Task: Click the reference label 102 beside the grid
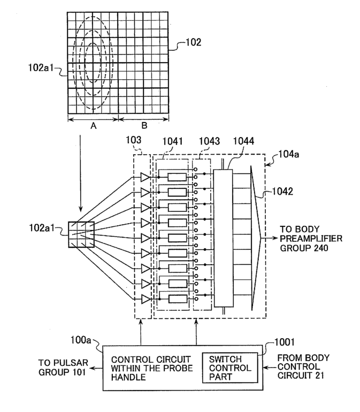coord(194,42)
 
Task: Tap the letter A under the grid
coord(93,126)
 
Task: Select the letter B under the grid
coord(144,125)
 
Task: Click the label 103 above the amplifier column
coord(134,140)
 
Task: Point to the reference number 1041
coord(172,141)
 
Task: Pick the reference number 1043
coord(209,141)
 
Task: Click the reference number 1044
coord(243,141)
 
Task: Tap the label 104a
coord(288,154)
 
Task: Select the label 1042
coord(282,192)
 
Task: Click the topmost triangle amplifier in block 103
coord(145,177)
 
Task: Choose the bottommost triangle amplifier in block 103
coord(145,299)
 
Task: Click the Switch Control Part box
coord(230,368)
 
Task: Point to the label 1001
coord(285,342)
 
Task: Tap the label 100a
coord(81,340)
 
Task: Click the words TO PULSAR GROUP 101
coord(63,368)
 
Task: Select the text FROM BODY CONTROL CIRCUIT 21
coord(303,367)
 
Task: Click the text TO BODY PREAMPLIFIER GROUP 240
coord(311,239)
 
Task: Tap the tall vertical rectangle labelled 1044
coord(224,238)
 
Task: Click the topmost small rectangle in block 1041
coord(177,177)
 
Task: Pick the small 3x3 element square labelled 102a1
coord(81,235)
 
